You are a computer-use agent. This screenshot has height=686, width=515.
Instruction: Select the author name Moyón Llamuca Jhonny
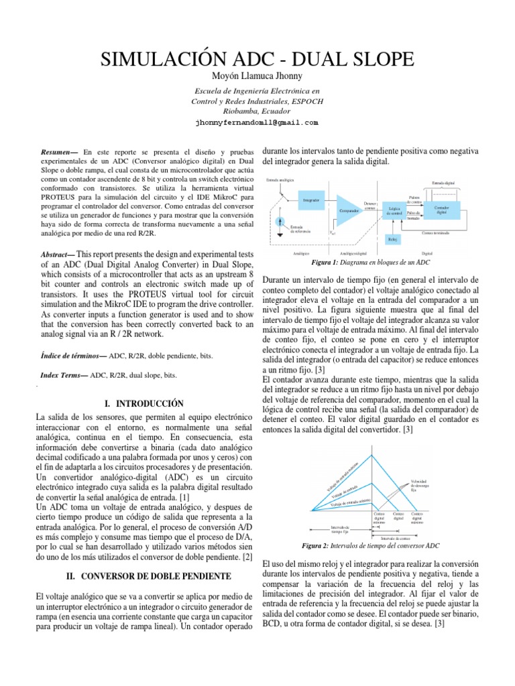pyautogui.click(x=257, y=76)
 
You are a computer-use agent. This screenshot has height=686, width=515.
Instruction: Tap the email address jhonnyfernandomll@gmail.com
pyautogui.click(x=257, y=123)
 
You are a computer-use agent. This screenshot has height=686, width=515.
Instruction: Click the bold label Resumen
pyautogui.click(x=59, y=153)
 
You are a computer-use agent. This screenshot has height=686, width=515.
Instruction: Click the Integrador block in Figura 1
pyautogui.click(x=310, y=200)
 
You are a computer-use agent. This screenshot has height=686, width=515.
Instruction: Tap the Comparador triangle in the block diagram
pyautogui.click(x=349, y=210)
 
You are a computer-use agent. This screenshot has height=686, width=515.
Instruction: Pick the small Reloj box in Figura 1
pyautogui.click(x=392, y=238)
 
